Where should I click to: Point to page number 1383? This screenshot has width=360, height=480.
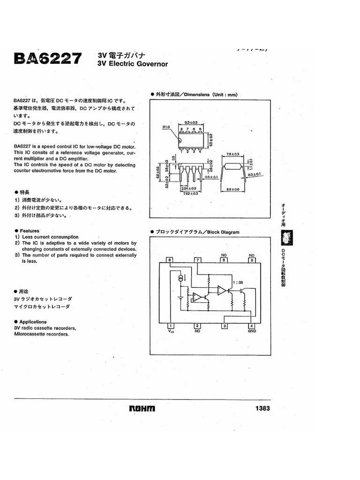pyautogui.click(x=262, y=408)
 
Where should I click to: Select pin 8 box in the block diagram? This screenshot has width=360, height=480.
pyautogui.click(x=170, y=260)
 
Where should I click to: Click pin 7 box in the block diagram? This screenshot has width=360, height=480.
pyautogui.click(x=198, y=260)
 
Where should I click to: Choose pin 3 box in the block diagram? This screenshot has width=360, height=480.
pyautogui.click(x=225, y=326)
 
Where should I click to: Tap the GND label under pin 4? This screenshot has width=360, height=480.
pyautogui.click(x=252, y=331)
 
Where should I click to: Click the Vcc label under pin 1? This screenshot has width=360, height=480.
pyautogui.click(x=171, y=331)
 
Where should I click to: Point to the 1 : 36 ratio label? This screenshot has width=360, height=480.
pyautogui.click(x=238, y=282)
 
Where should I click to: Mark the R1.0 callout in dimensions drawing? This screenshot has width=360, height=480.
pyautogui.click(x=166, y=127)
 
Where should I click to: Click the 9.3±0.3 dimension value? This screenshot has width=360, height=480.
pyautogui.click(x=191, y=122)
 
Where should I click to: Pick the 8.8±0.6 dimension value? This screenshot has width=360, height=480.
pyautogui.click(x=233, y=189)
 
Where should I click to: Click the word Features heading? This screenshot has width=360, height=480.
pyautogui.click(x=30, y=231)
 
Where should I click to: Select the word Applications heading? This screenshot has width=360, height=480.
pyautogui.click(x=33, y=322)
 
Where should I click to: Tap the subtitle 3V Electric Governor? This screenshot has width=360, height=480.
pyautogui.click(x=132, y=64)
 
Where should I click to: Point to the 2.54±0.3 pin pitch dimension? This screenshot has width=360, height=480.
pyautogui.click(x=189, y=187)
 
